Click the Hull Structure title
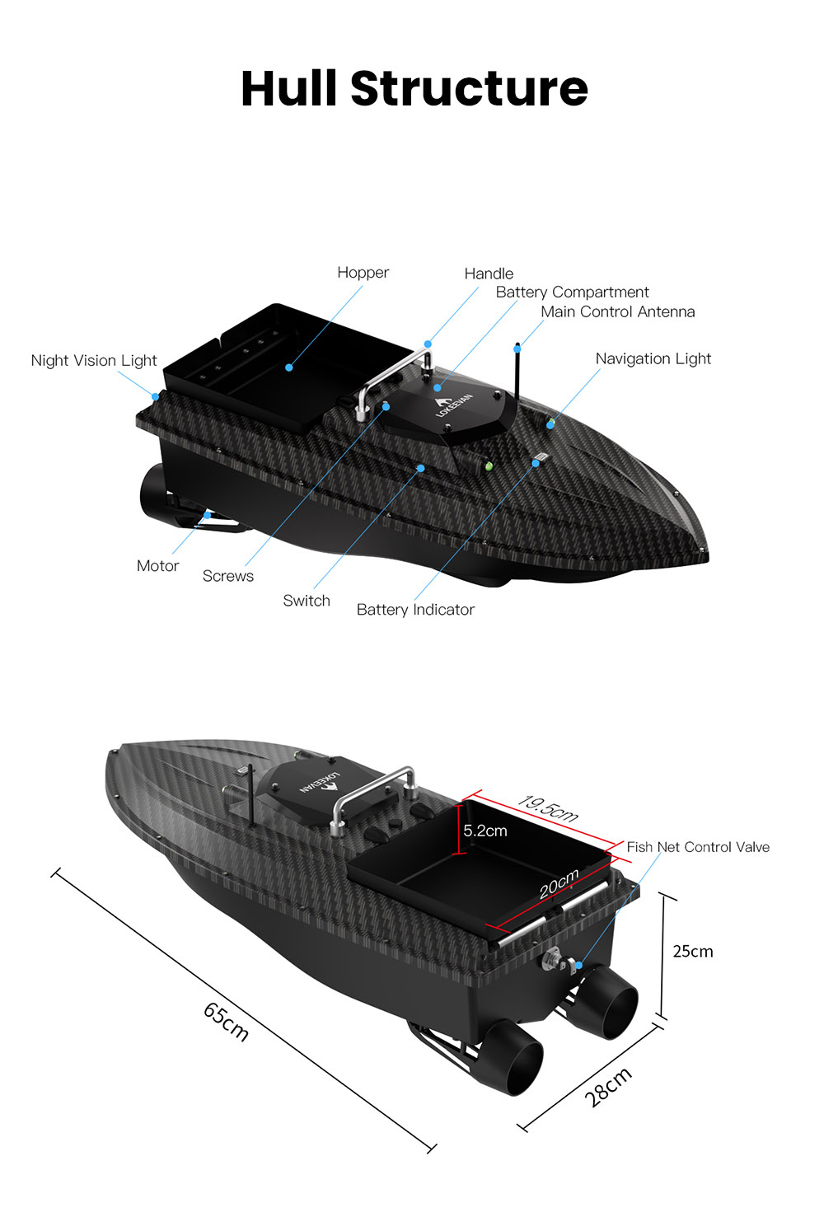click(x=414, y=88)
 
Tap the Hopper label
click(x=363, y=273)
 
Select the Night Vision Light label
click(x=93, y=361)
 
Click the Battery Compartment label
click(x=572, y=292)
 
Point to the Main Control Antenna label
click(x=618, y=311)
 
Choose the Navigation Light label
click(x=653, y=359)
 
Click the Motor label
click(x=157, y=565)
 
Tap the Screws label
click(x=228, y=576)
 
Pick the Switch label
click(x=307, y=600)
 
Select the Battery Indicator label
click(x=415, y=610)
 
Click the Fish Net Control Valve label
click(x=698, y=847)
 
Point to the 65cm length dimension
click(x=226, y=1022)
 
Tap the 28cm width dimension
click(x=607, y=1088)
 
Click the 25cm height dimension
click(x=693, y=952)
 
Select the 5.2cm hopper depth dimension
click(x=485, y=831)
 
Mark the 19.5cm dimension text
click(x=547, y=808)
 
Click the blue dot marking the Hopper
click(x=289, y=367)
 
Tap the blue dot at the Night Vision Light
click(x=156, y=396)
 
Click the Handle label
click(x=489, y=274)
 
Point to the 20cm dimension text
click(x=559, y=883)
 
